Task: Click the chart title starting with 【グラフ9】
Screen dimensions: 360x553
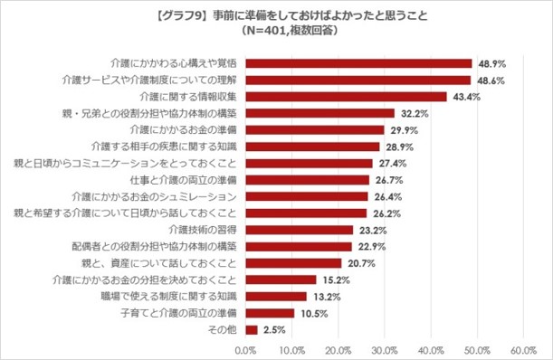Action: click(276, 15)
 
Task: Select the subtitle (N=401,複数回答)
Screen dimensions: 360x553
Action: click(276, 30)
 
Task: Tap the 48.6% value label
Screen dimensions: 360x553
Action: click(491, 81)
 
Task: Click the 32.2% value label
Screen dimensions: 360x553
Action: click(414, 113)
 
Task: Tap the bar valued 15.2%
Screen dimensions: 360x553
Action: click(281, 279)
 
